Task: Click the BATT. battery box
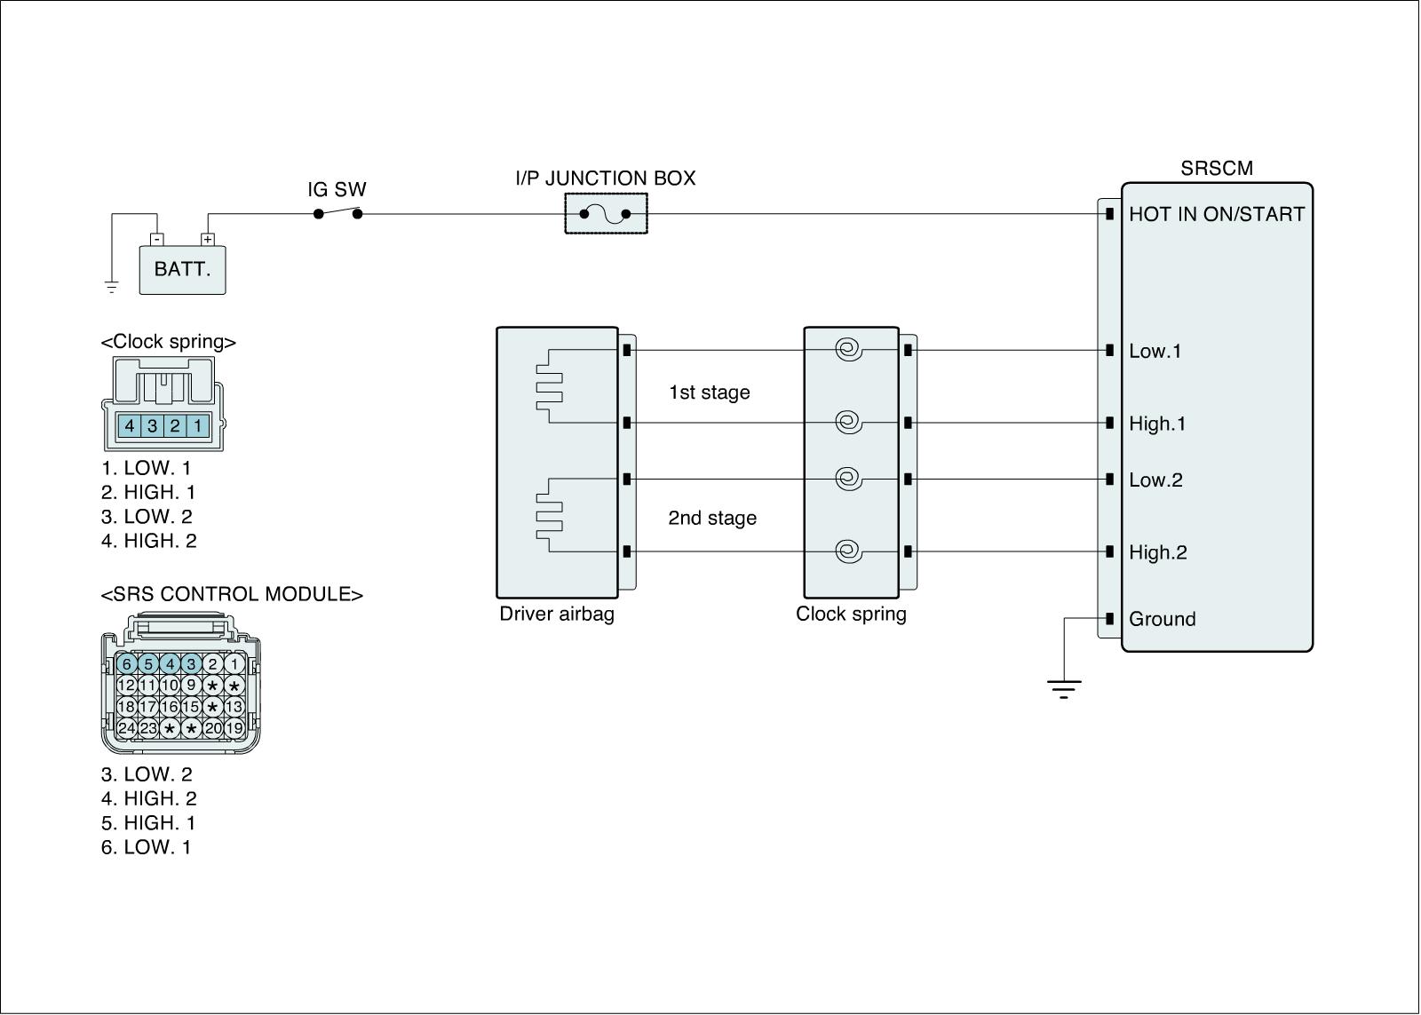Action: tap(182, 269)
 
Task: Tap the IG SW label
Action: tap(337, 190)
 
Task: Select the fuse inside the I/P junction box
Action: tap(605, 214)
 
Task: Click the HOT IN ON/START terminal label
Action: tap(1216, 214)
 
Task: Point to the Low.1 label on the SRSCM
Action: tap(1155, 351)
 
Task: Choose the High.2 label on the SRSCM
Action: tap(1157, 552)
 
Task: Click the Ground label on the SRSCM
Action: tap(1162, 619)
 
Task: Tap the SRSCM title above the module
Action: tap(1216, 168)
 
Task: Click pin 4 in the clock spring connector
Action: tap(130, 426)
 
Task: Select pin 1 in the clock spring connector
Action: tap(197, 426)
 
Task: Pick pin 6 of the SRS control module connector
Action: tap(126, 663)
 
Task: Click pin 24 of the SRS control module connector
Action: tap(126, 728)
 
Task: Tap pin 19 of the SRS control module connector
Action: tap(234, 728)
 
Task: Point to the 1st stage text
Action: tap(709, 393)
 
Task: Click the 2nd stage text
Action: tap(712, 518)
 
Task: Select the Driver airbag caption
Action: tap(557, 614)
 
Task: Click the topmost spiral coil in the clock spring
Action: tap(848, 350)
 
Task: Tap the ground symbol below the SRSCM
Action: tap(1063, 688)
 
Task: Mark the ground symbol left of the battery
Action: tap(111, 286)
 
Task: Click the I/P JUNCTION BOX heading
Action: tap(605, 178)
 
